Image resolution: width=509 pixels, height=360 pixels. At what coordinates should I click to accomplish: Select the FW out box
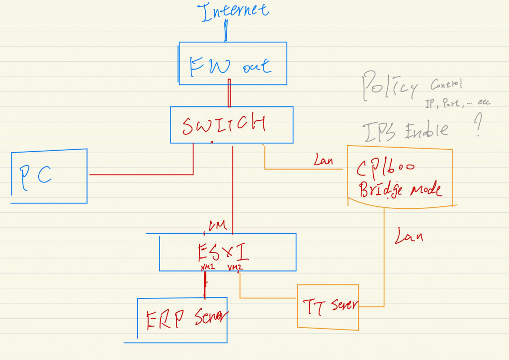(x=233, y=63)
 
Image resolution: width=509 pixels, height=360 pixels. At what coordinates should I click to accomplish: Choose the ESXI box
(x=227, y=252)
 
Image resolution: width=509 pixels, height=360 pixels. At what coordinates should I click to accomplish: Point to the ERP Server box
(x=182, y=320)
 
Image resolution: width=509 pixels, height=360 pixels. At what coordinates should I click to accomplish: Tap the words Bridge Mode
(x=400, y=190)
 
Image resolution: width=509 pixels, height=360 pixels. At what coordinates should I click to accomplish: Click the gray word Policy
(x=389, y=85)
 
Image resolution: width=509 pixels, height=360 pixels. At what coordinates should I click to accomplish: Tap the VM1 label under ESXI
(x=207, y=268)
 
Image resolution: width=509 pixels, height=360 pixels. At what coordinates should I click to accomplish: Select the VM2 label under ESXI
(x=235, y=268)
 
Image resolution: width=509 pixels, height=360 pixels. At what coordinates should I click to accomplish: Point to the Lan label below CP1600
(x=409, y=236)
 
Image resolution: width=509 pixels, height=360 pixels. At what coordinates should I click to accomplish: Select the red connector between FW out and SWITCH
(x=229, y=93)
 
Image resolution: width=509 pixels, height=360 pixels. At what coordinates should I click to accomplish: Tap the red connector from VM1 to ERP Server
(x=204, y=284)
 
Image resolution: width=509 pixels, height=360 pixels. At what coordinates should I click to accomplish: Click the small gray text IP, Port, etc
(x=457, y=102)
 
